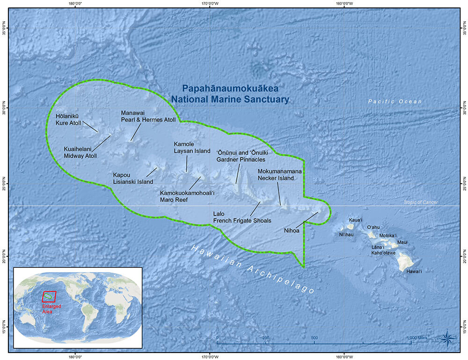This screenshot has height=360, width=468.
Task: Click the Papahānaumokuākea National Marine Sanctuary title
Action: pos(230,94)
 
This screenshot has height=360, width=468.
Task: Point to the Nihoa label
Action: pos(292,230)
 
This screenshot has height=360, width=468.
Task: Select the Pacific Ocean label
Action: pos(395,101)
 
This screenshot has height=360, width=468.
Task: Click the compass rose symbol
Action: pos(448,337)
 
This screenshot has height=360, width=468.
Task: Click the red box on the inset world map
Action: pos(49,296)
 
